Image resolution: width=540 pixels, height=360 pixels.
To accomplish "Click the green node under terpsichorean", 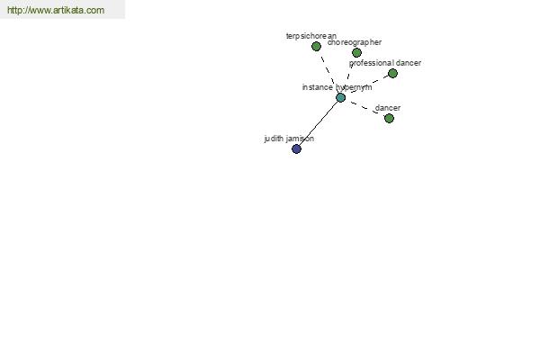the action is [x=316, y=46].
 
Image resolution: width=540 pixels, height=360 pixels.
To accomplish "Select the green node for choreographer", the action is [x=356, y=53].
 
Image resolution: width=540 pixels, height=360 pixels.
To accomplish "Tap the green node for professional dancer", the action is [x=392, y=74].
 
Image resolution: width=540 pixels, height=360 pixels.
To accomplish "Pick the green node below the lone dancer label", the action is [x=389, y=119].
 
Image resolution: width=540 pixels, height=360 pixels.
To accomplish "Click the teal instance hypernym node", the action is [x=340, y=98].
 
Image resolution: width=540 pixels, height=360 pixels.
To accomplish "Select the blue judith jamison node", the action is [x=296, y=148].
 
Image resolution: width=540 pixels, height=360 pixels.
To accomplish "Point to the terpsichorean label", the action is [x=311, y=36].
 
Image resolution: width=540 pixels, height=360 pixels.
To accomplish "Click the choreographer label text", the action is [x=355, y=42].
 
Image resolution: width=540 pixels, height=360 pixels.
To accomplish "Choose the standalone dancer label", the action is [x=388, y=108].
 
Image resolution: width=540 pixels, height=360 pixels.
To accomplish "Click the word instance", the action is [x=317, y=87].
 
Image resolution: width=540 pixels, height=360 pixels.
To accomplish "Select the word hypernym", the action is [x=354, y=87].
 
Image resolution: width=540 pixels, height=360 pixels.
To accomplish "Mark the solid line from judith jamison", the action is [x=319, y=123].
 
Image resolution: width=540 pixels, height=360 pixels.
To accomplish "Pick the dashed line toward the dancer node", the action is [x=365, y=108].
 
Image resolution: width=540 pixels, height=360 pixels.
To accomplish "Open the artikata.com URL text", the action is [x=56, y=10].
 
